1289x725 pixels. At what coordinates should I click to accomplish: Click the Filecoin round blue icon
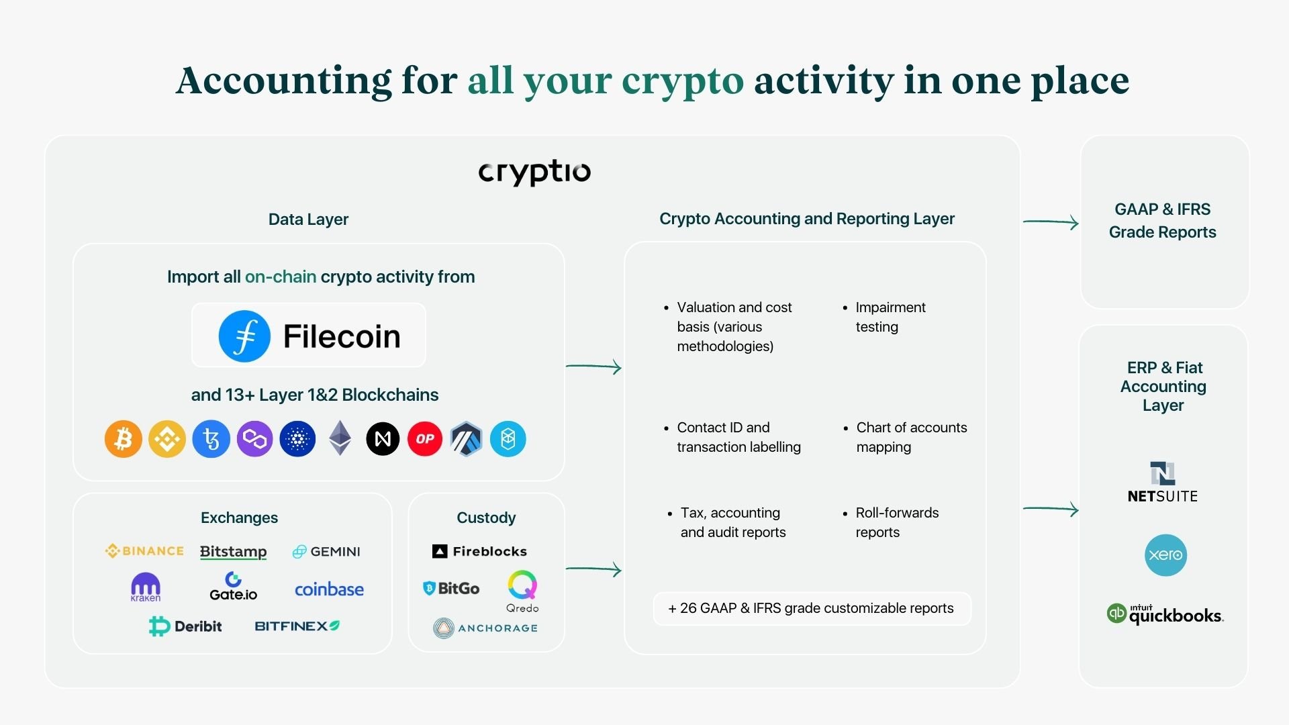click(x=244, y=336)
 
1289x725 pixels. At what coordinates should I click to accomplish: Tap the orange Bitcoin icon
click(x=124, y=439)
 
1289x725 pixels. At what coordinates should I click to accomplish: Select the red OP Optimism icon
click(x=425, y=439)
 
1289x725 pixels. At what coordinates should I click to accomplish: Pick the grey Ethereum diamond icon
click(x=340, y=438)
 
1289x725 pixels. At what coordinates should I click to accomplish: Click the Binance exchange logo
click(x=145, y=551)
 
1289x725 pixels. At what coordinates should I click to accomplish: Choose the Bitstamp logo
click(x=233, y=552)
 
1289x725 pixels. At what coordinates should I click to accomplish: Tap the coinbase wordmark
click(x=329, y=589)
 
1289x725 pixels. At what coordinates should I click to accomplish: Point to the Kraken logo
click(x=146, y=587)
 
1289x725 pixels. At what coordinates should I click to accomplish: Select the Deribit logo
click(x=185, y=626)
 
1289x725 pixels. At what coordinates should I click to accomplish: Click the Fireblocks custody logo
click(x=480, y=551)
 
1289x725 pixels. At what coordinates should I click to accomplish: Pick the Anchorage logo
click(x=485, y=628)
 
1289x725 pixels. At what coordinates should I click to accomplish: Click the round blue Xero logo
click(x=1165, y=555)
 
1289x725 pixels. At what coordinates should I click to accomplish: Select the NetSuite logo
click(x=1163, y=483)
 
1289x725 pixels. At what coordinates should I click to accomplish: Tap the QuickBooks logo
click(x=1165, y=614)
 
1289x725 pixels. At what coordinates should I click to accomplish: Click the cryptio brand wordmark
click(x=534, y=173)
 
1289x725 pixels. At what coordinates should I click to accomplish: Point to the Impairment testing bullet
click(x=890, y=317)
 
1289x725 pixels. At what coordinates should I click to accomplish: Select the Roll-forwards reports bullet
click(x=896, y=522)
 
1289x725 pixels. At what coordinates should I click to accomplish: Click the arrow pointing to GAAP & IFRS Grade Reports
click(x=1051, y=222)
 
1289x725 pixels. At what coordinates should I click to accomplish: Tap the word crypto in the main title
click(x=683, y=81)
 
